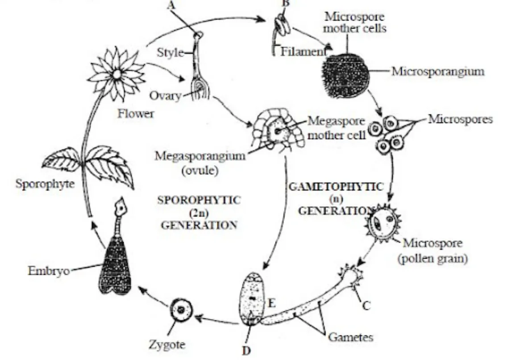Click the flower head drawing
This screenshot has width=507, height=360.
coord(117,75)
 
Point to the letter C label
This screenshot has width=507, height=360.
coord(366,306)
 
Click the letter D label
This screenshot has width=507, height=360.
coord(246,351)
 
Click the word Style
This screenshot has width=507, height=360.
coord(170,53)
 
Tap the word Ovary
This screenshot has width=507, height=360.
coord(166,96)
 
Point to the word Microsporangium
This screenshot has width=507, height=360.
coord(437,71)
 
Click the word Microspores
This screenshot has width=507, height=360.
coord(460,119)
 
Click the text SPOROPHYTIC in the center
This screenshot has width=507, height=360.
coord(199,200)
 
